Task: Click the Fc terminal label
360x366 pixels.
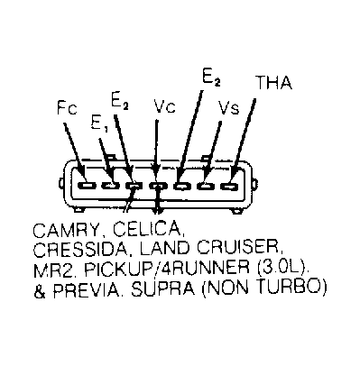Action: [67, 108]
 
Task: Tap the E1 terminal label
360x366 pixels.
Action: [99, 124]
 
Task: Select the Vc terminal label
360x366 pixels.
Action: [164, 106]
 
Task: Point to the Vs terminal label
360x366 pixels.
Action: [229, 107]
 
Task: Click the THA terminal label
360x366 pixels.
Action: [273, 83]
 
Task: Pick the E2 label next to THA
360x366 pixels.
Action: [211, 78]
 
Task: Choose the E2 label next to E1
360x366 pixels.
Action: [120, 101]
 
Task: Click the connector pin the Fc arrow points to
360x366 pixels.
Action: [87, 186]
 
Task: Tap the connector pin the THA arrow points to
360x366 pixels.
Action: [229, 186]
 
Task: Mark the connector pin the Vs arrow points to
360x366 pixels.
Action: [206, 186]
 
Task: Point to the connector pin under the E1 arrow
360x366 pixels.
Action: [111, 186]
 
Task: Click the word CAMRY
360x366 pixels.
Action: [66, 231]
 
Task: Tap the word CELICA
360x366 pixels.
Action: [148, 229]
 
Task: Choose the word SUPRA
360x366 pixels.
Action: [162, 288]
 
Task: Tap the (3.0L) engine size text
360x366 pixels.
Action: [283, 268]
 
